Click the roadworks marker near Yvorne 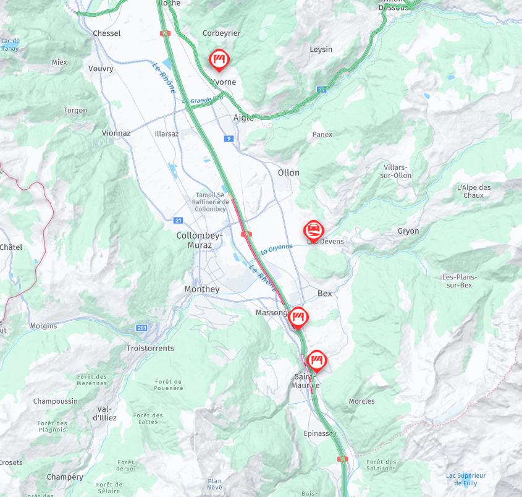(x=218, y=59)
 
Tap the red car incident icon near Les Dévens (x=314, y=231)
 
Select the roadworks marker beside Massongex (x=298, y=317)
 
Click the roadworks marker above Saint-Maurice (x=317, y=359)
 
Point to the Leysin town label (x=321, y=49)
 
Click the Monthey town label (x=201, y=289)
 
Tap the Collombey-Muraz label (x=194, y=240)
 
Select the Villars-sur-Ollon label (x=397, y=171)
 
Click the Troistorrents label (x=150, y=348)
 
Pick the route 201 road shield (x=142, y=328)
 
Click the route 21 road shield (x=179, y=220)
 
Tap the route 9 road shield (x=229, y=139)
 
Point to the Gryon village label (x=408, y=231)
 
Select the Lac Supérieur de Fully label (x=466, y=478)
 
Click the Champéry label (x=65, y=477)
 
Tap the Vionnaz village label (x=116, y=133)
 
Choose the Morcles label (x=361, y=401)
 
